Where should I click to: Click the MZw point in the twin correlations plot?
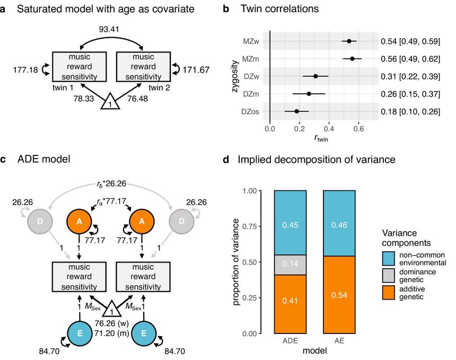pos(349,41)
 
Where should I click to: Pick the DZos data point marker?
pos(296,111)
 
